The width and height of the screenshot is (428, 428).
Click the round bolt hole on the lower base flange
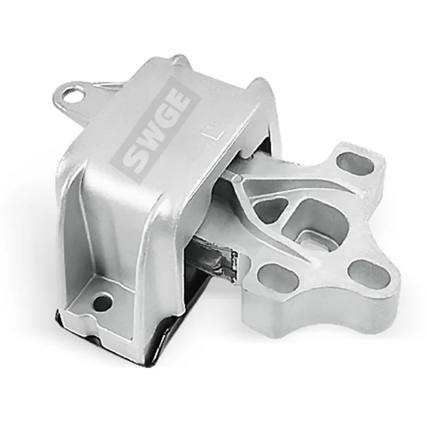(103, 302)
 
